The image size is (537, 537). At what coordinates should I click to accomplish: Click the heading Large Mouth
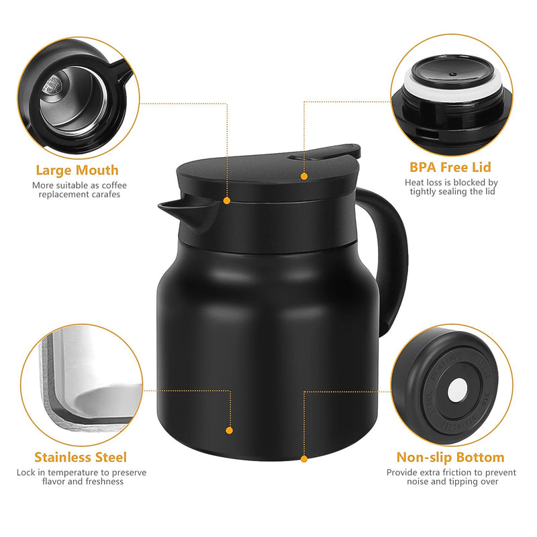pyautogui.click(x=77, y=170)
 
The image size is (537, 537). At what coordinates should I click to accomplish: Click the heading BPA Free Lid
pyautogui.click(x=450, y=167)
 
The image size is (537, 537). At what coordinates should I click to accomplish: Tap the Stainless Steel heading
pyautogui.click(x=81, y=457)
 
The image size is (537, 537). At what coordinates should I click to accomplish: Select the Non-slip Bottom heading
pyautogui.click(x=450, y=457)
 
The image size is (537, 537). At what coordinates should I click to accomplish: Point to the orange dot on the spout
pyautogui.click(x=227, y=200)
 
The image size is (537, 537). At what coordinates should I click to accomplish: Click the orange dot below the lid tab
pyautogui.click(x=304, y=176)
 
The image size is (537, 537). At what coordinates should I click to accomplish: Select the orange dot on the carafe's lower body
pyautogui.click(x=230, y=430)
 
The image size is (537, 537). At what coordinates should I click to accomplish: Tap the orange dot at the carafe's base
pyautogui.click(x=304, y=459)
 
